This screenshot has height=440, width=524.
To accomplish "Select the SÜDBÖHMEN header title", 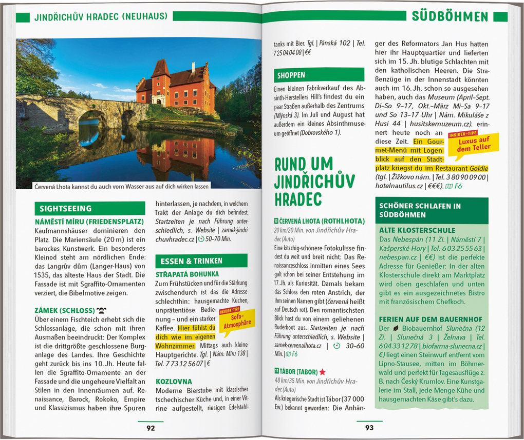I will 450,16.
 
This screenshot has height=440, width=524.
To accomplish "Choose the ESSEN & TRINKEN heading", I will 186,261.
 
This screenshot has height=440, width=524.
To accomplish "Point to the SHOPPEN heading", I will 292,75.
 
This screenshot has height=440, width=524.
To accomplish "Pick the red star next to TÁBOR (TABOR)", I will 322,372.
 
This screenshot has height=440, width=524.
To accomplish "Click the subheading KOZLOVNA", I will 174,382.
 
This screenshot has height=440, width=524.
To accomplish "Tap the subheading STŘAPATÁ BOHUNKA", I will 187,274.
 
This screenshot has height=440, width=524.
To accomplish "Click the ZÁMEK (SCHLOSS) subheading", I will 65,311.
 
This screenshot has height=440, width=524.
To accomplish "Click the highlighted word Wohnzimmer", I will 175,346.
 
